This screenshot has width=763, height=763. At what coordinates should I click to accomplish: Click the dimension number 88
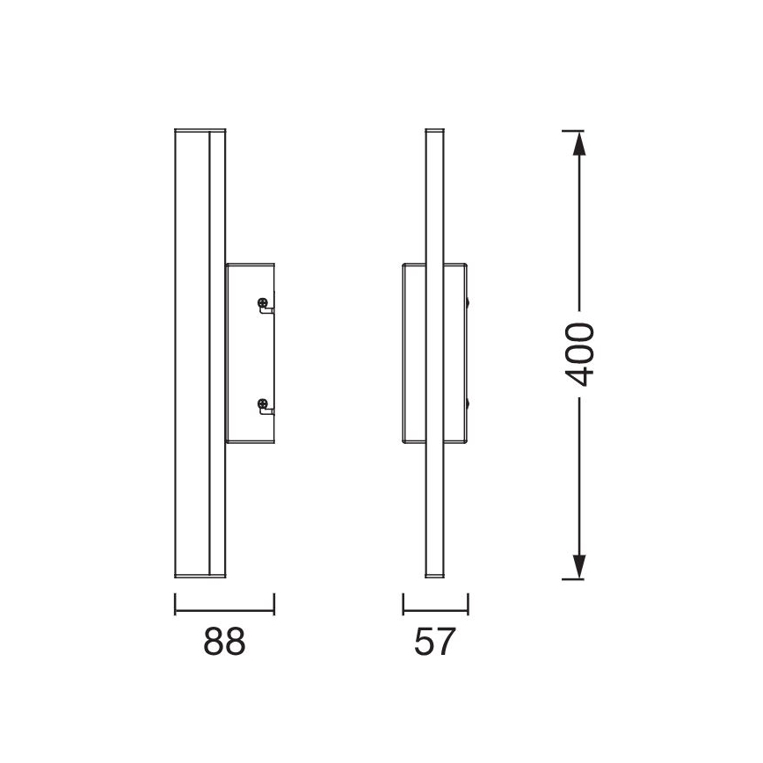[x=224, y=642]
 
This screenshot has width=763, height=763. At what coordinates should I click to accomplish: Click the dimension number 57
[x=436, y=642]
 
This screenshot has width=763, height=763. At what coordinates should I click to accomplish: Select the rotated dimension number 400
[x=579, y=354]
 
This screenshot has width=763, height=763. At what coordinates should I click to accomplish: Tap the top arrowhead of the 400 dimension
[x=578, y=141]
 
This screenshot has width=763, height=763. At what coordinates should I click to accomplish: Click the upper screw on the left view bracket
[x=263, y=305]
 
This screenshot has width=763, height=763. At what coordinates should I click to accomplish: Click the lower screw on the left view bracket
[x=263, y=404]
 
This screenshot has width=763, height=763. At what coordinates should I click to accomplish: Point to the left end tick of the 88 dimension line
[x=175, y=603]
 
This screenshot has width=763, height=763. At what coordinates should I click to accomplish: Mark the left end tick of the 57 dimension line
[x=403, y=603]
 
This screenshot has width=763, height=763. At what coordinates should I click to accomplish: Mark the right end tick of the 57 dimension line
[x=469, y=603]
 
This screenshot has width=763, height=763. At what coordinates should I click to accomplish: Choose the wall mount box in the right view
[x=435, y=353]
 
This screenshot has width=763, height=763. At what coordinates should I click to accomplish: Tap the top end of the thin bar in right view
[x=433, y=132]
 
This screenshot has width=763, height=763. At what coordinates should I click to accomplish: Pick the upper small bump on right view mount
[x=470, y=304]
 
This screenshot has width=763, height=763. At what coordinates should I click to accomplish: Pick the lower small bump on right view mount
[x=470, y=404]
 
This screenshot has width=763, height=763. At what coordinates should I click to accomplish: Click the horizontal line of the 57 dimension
[x=436, y=611]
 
